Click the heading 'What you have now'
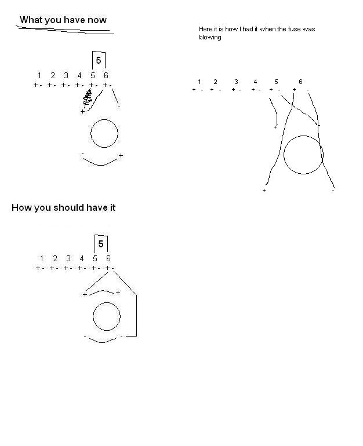click(63, 20)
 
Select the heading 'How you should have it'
click(63, 207)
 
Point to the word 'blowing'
click(210, 37)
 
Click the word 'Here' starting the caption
click(206, 29)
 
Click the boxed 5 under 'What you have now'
click(99, 60)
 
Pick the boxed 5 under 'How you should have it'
click(101, 244)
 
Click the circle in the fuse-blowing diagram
click(303, 155)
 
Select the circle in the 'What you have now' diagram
click(104, 134)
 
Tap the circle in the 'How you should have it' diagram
click(107, 317)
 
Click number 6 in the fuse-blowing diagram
click(300, 82)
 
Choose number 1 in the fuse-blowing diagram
click(199, 82)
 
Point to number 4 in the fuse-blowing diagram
click(255, 82)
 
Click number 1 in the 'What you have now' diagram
click(39, 75)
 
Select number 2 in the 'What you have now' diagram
click(53, 75)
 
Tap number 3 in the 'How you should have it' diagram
click(68, 258)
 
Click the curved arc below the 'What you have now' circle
click(101, 163)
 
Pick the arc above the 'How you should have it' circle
click(101, 291)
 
